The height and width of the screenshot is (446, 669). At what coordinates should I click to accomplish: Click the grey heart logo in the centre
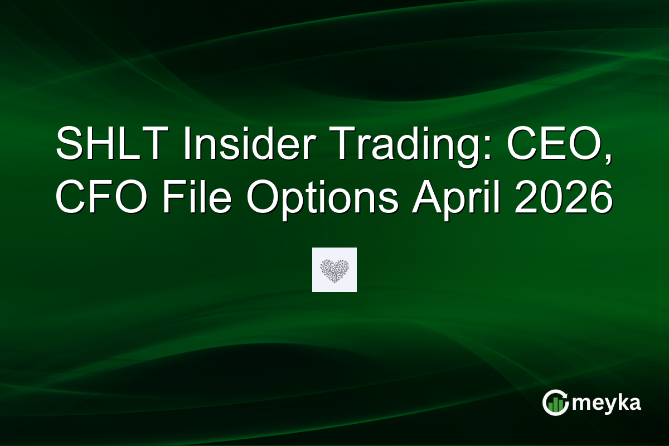click(x=334, y=270)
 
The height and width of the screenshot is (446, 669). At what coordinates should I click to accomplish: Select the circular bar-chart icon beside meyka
click(x=556, y=402)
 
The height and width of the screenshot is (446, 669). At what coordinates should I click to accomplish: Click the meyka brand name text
click(x=607, y=403)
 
